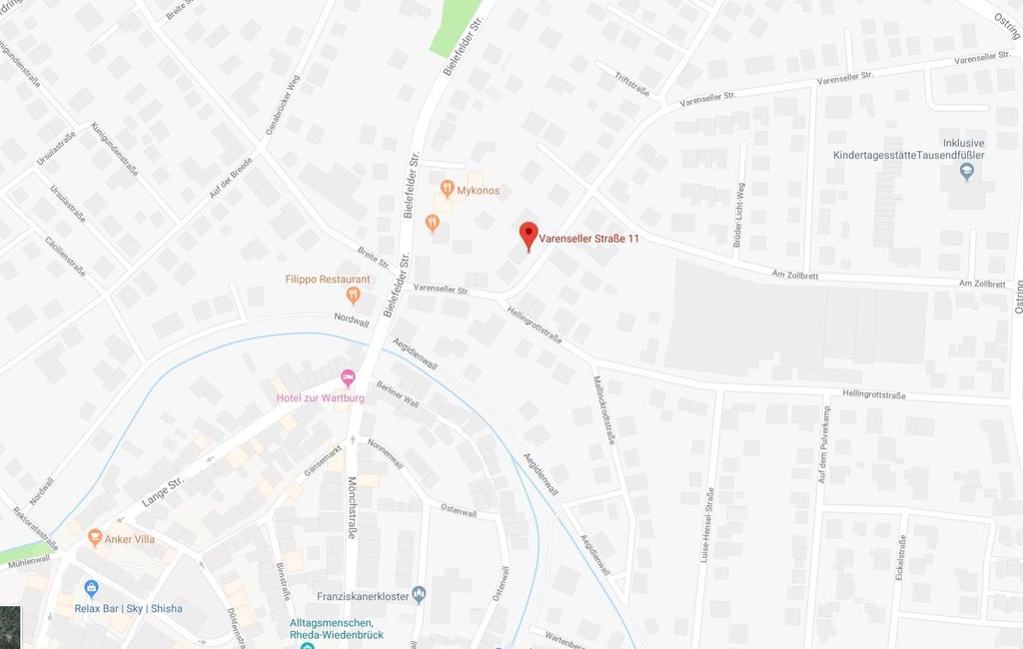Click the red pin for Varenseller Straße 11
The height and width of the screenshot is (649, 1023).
529,236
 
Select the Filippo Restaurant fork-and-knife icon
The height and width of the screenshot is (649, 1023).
353,295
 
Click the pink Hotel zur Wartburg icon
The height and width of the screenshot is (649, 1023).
348,378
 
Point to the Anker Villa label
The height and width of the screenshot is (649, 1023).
131,538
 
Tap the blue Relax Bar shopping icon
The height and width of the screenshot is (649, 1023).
92,588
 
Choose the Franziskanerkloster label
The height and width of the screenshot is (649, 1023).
363,596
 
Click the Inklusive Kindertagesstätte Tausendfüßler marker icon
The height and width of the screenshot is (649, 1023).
965,172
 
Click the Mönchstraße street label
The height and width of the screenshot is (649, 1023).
352,506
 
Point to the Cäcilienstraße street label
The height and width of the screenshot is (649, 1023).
65,257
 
